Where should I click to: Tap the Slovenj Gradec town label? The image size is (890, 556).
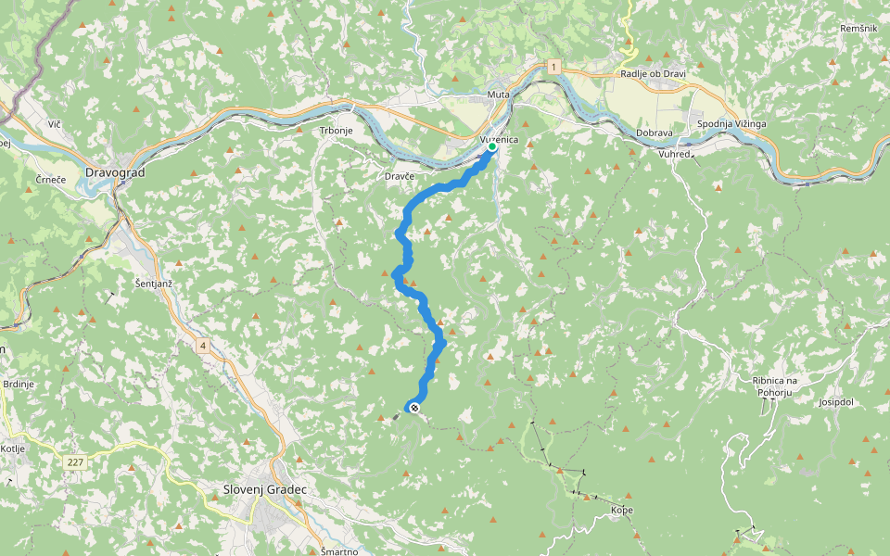coord(264,489)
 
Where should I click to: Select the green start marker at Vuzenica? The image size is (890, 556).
coord(491,146)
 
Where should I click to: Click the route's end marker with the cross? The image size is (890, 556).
coord(413,408)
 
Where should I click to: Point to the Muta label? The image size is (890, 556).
coord(499,95)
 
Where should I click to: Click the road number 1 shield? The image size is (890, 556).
coord(553,67)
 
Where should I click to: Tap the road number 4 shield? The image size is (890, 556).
coord(201,346)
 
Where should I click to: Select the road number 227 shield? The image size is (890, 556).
coord(76,461)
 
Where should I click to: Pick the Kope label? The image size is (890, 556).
coord(622,511)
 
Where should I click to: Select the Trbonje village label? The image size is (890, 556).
coord(337,131)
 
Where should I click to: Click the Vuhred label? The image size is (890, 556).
coord(675,154)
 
